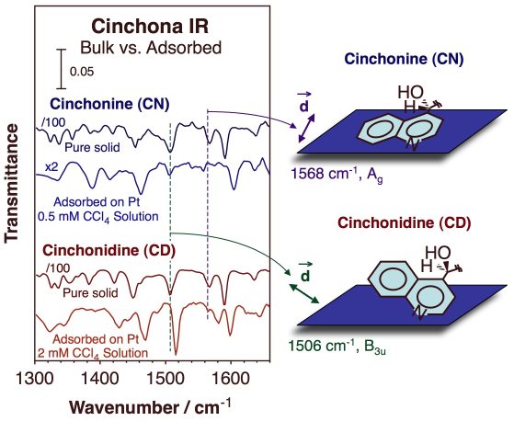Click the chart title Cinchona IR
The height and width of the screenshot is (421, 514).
(x=150, y=27)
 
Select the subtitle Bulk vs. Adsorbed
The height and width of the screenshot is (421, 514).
(x=151, y=48)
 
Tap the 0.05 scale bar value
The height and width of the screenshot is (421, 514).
(x=82, y=72)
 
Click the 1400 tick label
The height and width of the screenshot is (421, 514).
(x=100, y=379)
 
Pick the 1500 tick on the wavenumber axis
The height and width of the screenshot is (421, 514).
(x=166, y=379)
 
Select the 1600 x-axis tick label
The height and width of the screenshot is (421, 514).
(x=231, y=379)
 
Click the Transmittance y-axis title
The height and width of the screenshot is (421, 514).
(x=11, y=184)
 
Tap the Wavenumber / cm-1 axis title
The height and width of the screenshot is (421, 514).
(x=151, y=407)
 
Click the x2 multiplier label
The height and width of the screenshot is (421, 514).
(x=51, y=167)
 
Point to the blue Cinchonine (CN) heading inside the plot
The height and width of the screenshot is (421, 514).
(x=109, y=104)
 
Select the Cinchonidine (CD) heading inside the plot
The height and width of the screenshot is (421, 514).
(x=109, y=251)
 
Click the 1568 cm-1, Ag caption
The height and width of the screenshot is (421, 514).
(x=337, y=174)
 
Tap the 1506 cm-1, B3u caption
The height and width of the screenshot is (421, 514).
(x=337, y=347)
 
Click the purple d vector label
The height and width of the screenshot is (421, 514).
(x=304, y=103)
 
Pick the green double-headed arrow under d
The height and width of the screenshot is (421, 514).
(x=303, y=293)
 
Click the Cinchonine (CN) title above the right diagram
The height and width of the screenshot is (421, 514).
(x=404, y=60)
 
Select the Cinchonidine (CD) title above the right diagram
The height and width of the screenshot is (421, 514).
(x=405, y=222)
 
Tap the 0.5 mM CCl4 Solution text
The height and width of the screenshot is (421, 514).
(x=98, y=217)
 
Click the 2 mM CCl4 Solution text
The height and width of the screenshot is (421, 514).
(x=93, y=353)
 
